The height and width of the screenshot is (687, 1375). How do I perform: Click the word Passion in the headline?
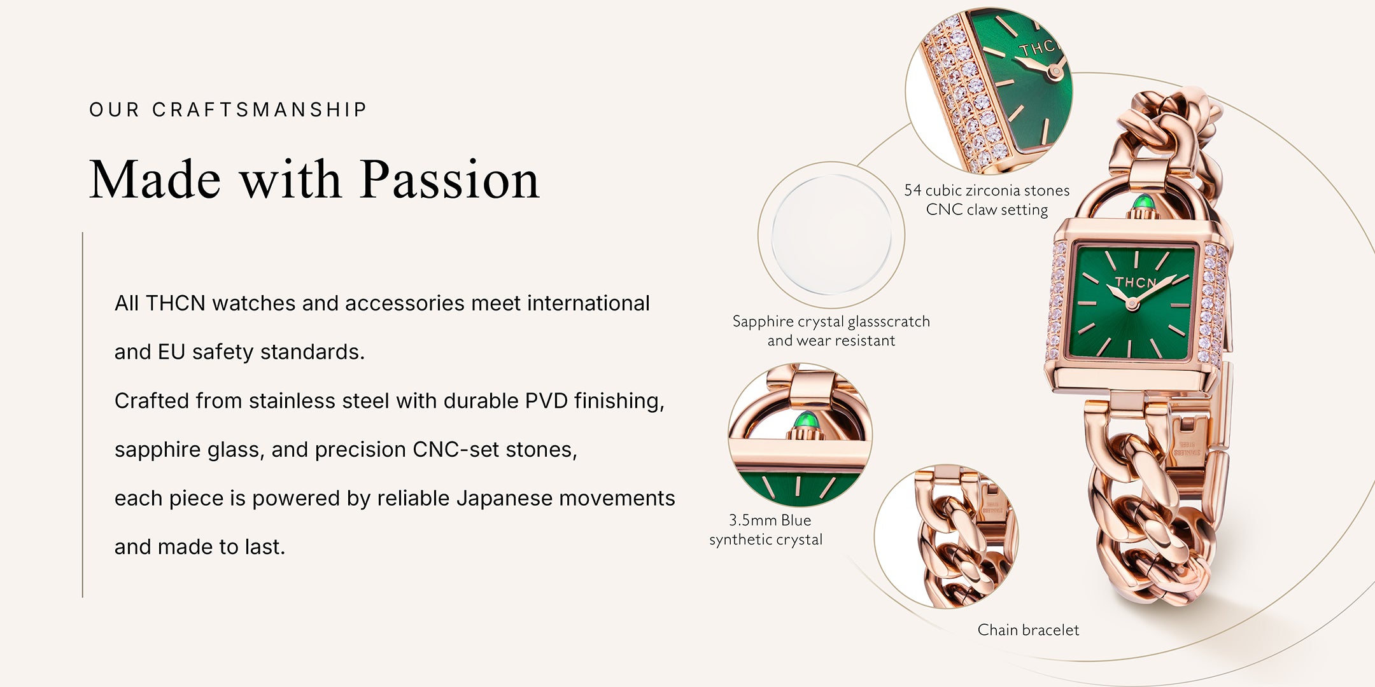click(450, 181)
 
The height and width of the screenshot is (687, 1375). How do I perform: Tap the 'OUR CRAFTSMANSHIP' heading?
click(228, 110)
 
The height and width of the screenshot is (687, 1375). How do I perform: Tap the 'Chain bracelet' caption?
click(1028, 630)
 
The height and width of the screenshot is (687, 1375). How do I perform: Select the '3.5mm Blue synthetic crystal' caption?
click(766, 530)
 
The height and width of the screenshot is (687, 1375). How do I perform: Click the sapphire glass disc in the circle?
click(831, 235)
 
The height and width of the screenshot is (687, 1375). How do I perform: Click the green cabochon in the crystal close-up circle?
click(807, 421)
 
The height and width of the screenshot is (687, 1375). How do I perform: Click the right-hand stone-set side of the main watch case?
click(1212, 304)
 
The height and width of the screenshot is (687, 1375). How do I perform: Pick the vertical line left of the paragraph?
click(83, 415)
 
